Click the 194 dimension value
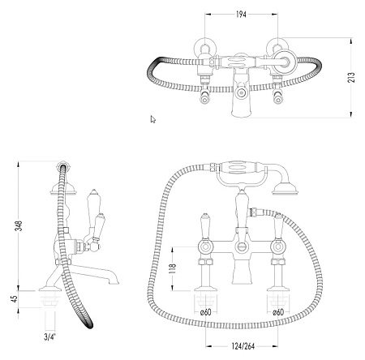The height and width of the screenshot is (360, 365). click(x=241, y=15)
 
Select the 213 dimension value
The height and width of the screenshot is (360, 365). click(x=352, y=77)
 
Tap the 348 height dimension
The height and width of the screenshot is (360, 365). click(x=19, y=226)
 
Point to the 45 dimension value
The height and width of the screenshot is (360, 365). click(x=15, y=299)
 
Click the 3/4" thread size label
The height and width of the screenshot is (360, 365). click(x=49, y=337)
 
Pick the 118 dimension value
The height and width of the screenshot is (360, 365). click(x=173, y=268)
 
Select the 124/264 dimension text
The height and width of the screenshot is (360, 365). click(x=243, y=346)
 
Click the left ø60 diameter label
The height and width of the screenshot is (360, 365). click(x=206, y=312)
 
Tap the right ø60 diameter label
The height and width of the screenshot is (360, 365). click(x=278, y=312)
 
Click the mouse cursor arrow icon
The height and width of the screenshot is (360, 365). click(x=152, y=119)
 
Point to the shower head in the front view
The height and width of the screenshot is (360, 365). click(x=285, y=191)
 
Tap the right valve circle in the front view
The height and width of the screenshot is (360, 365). click(x=277, y=246)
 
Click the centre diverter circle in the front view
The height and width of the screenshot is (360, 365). click(x=241, y=246)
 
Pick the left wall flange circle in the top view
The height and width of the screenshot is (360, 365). click(x=205, y=48)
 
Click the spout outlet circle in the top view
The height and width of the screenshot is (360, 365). click(x=241, y=93)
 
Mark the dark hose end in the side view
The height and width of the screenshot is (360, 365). click(x=88, y=322)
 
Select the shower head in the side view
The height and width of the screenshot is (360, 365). click(x=63, y=189)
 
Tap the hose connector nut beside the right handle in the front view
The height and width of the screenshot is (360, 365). click(x=254, y=212)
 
